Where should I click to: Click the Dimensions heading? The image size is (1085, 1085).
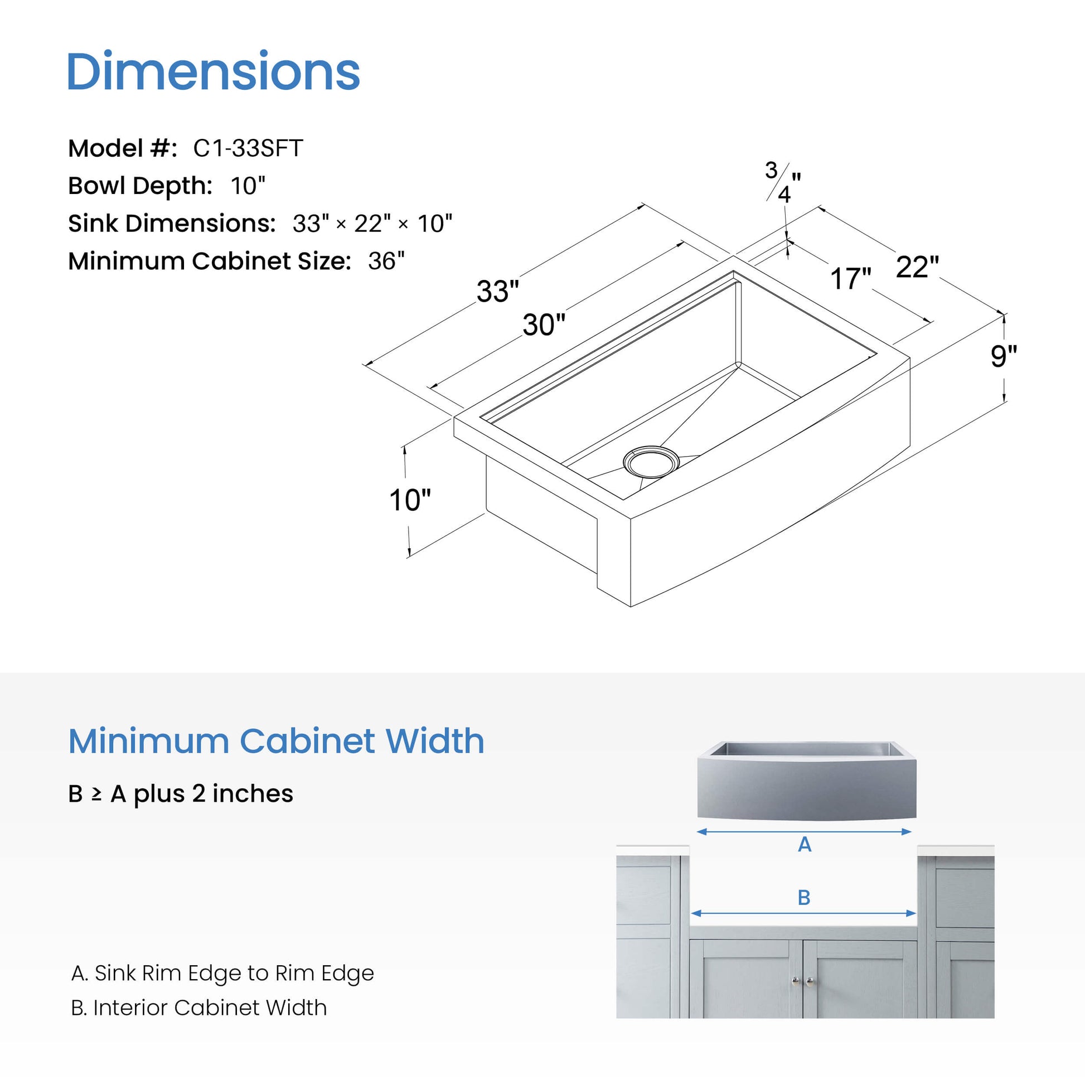(214, 71)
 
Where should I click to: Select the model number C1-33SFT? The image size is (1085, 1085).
(248, 148)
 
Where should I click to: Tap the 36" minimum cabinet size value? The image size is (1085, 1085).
(386, 260)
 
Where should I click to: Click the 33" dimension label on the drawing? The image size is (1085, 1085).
(497, 291)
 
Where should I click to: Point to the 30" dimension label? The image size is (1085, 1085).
(544, 324)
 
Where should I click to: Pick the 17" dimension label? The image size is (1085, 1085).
(850, 278)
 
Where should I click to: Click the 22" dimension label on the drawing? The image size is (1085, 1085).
(917, 267)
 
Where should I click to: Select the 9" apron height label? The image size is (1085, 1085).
(1004, 356)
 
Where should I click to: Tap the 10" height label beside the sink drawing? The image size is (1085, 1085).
(410, 499)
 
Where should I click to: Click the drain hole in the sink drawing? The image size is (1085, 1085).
(651, 462)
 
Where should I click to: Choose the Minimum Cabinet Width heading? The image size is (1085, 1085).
(276, 741)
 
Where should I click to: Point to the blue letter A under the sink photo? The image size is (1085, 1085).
(804, 844)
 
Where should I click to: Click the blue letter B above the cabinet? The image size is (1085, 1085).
(803, 898)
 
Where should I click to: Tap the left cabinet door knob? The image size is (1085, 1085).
(795, 981)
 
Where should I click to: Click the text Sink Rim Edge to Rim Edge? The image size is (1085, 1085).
(234, 973)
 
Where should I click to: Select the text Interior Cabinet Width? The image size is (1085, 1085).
(210, 1007)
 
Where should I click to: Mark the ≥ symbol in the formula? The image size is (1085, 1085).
(96, 794)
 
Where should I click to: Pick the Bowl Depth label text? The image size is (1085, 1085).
(140, 186)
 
